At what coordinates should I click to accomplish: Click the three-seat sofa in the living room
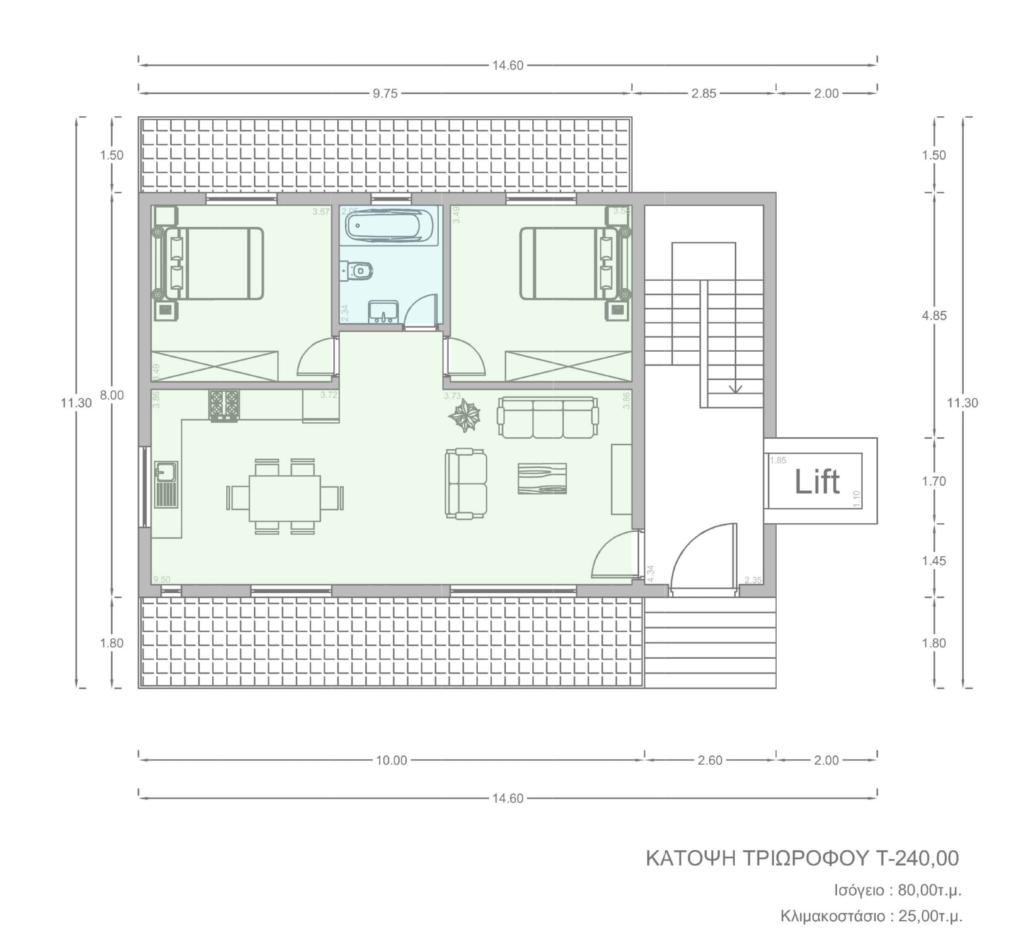[x=547, y=418]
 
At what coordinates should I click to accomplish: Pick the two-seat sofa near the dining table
[x=466, y=483]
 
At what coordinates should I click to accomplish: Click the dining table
[x=284, y=498]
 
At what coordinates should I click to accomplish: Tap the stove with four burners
[x=224, y=405]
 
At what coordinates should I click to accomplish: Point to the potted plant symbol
[x=464, y=415]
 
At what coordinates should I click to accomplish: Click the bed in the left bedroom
[x=214, y=264]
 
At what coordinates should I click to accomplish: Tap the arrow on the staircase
[x=735, y=388]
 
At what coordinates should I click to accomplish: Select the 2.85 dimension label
[x=704, y=94]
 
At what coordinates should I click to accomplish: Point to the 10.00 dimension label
[x=391, y=760]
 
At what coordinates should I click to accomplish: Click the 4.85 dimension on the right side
[x=934, y=316]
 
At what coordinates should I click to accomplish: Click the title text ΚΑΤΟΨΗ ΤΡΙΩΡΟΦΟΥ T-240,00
[x=802, y=859]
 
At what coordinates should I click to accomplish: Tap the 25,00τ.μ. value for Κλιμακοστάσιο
[x=930, y=916]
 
